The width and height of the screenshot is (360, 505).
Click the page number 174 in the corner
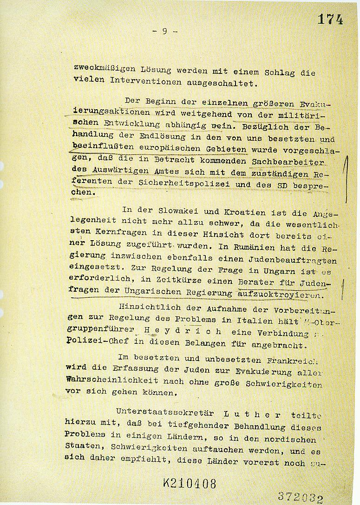(x=330, y=19)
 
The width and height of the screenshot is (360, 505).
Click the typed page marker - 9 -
(x=165, y=32)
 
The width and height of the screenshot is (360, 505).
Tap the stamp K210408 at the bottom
(x=190, y=483)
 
